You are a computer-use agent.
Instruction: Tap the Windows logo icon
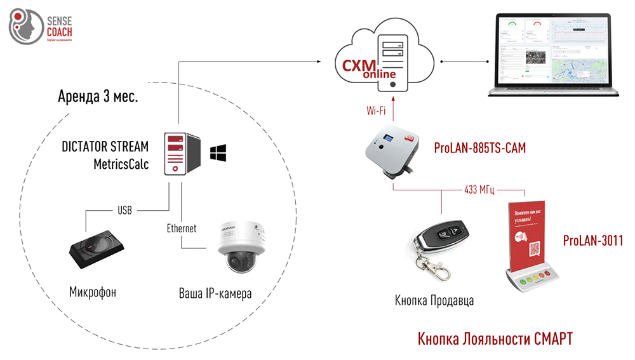click(218, 152)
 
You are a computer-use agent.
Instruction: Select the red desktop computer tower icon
click(182, 153)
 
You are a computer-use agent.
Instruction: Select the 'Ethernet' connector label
click(181, 228)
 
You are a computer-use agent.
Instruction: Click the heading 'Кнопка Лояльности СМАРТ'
click(495, 338)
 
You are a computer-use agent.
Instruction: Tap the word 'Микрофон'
click(93, 293)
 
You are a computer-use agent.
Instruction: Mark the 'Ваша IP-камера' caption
click(215, 294)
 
